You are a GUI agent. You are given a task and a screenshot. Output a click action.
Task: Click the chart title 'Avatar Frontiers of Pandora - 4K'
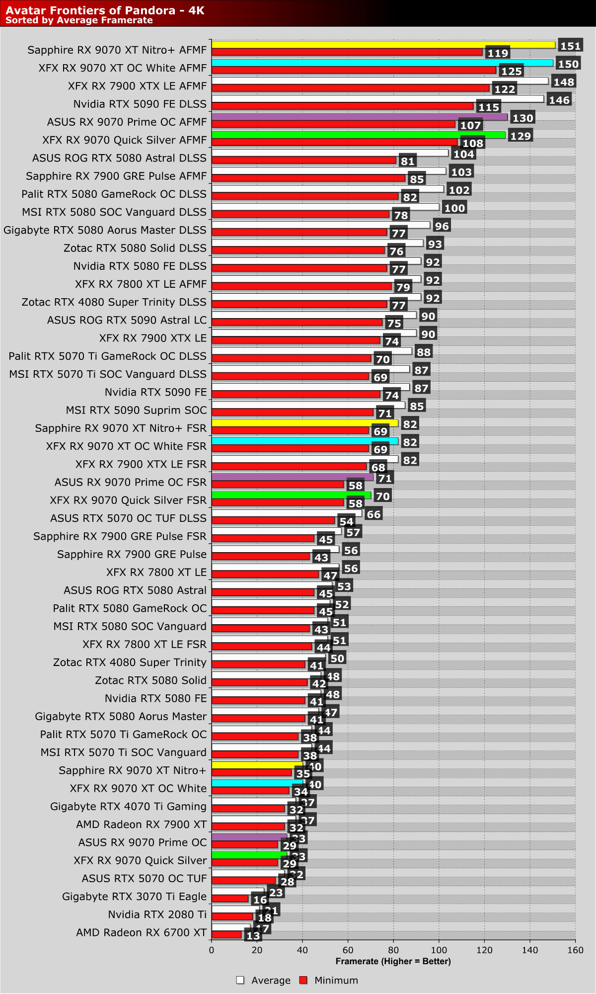pyautogui.click(x=105, y=10)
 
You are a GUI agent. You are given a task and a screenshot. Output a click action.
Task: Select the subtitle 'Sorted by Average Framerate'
pyautogui.click(x=79, y=20)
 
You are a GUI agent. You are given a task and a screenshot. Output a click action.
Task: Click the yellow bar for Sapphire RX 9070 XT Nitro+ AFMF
pyautogui.click(x=382, y=45)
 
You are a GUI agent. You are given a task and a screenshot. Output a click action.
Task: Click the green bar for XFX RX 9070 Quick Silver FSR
pyautogui.click(x=291, y=495)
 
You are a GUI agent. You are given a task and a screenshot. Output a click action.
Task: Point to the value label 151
pyautogui.click(x=570, y=46)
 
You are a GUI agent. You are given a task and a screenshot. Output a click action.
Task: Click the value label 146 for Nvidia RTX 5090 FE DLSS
pyautogui.click(x=559, y=100)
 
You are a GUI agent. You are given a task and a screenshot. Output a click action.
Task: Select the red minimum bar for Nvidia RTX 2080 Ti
pyautogui.click(x=232, y=916)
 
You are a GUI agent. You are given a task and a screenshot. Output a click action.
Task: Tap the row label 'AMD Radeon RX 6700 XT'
pyautogui.click(x=141, y=932)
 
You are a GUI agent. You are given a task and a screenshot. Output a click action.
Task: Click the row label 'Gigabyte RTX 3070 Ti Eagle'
pyautogui.click(x=134, y=897)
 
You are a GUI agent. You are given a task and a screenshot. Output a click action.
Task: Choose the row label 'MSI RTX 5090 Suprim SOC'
pyautogui.click(x=136, y=410)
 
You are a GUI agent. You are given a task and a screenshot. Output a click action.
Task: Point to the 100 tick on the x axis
pyautogui.click(x=439, y=950)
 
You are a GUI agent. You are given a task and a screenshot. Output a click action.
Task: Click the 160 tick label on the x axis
pyautogui.click(x=576, y=950)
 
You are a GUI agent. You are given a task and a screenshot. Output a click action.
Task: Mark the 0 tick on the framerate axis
pyautogui.click(x=212, y=950)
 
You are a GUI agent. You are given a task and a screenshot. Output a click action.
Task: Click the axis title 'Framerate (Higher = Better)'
pyautogui.click(x=393, y=961)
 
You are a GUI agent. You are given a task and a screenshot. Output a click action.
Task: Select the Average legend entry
pyautogui.click(x=263, y=980)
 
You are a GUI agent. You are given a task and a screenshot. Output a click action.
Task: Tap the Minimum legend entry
pyautogui.click(x=328, y=980)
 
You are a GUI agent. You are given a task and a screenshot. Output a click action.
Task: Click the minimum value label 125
pyautogui.click(x=511, y=71)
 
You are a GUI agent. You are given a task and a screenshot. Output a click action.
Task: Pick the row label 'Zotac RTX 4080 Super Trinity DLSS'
pyautogui.click(x=114, y=302)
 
